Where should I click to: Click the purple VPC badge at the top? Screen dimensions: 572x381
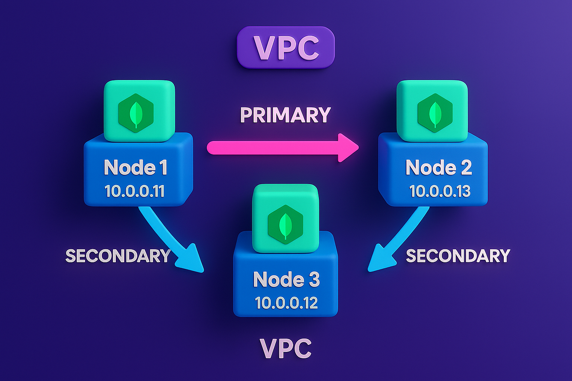(286, 47)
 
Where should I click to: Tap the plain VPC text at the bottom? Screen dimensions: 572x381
(286, 349)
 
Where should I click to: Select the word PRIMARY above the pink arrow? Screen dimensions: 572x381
(285, 115)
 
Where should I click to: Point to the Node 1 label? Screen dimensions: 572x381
(136, 168)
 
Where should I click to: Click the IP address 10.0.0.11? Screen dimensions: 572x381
(134, 191)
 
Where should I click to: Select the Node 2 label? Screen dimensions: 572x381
(438, 168)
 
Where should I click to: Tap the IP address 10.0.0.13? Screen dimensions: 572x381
(440, 191)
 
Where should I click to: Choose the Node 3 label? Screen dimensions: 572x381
(286, 280)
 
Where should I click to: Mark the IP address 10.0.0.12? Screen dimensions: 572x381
(286, 303)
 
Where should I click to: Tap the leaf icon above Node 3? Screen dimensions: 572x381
(285, 225)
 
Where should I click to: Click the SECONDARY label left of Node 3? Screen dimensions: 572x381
(118, 256)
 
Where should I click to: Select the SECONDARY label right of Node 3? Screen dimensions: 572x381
(458, 256)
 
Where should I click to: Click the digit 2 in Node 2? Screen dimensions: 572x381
(465, 168)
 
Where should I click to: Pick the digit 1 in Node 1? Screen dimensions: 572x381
(163, 168)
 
